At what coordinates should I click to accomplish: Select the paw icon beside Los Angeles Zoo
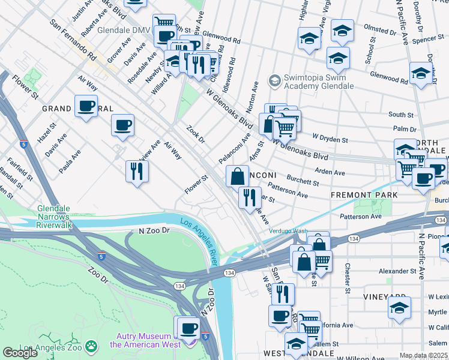pos(91,346)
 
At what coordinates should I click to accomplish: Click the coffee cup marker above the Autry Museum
pos(188,328)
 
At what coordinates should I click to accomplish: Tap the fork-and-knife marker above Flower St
pos(137,172)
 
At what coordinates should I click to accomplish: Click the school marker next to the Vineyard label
pos(399,307)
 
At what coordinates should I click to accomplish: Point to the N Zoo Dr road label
pos(154,230)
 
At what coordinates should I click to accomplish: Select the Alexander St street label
pos(397,271)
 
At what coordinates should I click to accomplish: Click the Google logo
pos(20,353)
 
